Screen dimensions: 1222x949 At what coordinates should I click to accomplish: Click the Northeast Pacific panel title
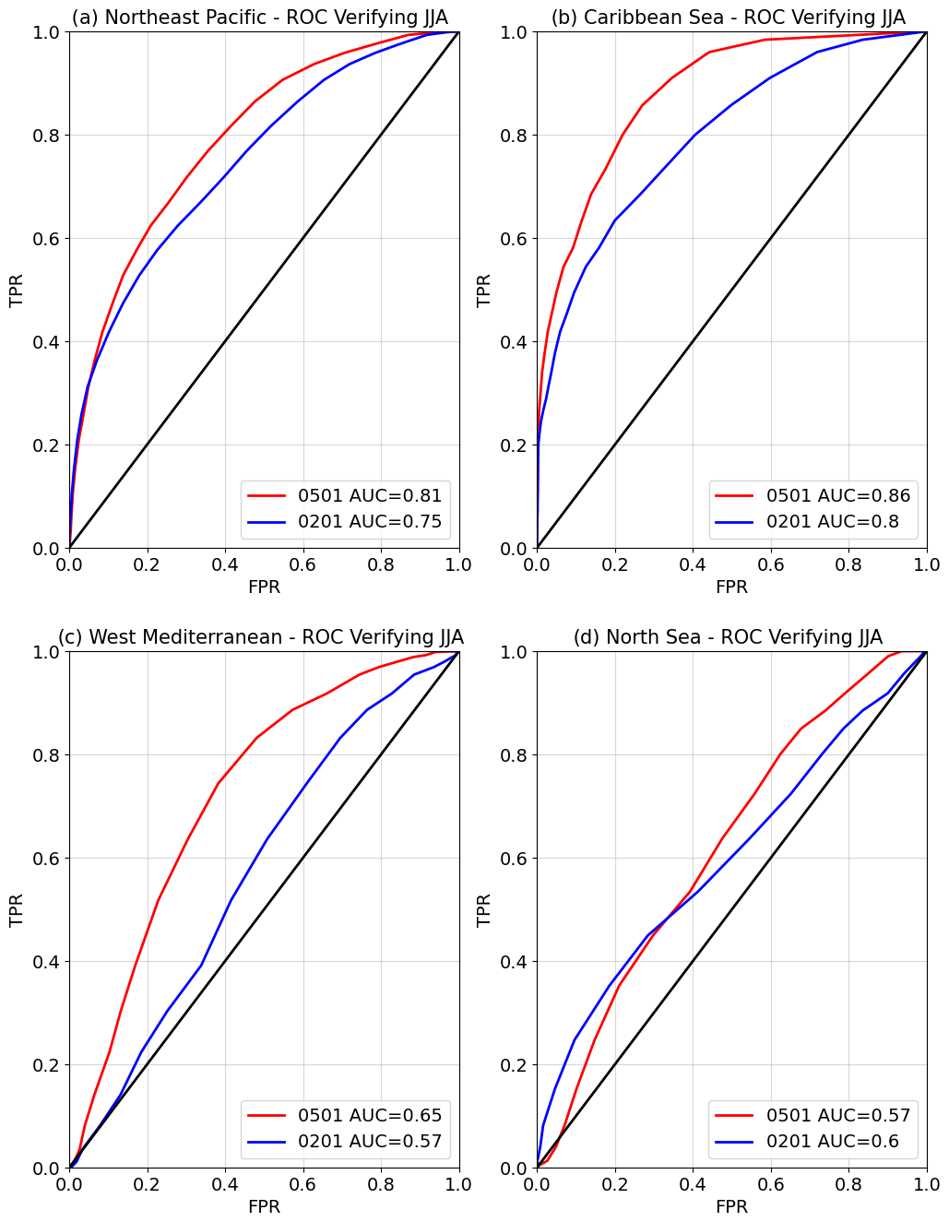[x=260, y=18]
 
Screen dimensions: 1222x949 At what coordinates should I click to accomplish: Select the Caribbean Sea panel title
[x=728, y=18]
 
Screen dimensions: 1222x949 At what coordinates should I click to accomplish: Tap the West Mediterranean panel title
[x=260, y=637]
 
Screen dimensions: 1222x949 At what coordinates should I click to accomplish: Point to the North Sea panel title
[x=728, y=637]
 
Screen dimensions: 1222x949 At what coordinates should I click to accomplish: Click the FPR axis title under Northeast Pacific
[x=264, y=587]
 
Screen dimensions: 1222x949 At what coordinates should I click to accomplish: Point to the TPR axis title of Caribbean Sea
[x=484, y=290]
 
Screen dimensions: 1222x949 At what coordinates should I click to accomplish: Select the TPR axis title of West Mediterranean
[x=17, y=909]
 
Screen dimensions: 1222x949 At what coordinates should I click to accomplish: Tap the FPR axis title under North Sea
[x=731, y=1206]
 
